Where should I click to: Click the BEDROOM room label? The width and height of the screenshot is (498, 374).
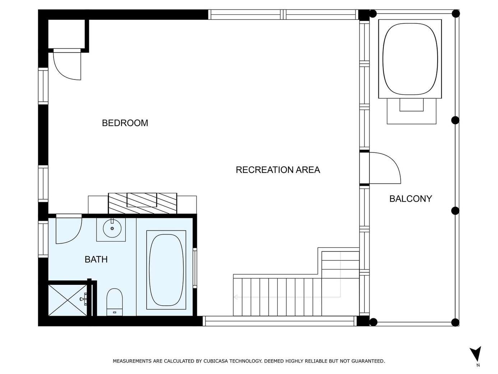pos(125,123)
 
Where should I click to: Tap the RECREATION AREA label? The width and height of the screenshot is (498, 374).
pos(278,170)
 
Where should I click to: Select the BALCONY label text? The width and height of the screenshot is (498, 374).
pos(411,199)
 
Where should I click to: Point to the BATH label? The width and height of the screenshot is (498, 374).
pos(96,259)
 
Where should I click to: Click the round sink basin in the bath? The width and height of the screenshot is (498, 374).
pos(112,229)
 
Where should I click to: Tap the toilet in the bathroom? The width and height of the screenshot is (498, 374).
pos(115,302)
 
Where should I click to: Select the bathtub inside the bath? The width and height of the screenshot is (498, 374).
pos(166,270)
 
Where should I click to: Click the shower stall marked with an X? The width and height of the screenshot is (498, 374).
pos(68,300)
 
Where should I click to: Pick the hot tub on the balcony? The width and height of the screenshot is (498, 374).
pos(410,59)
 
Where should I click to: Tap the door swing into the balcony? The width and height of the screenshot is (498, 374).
pos(385,168)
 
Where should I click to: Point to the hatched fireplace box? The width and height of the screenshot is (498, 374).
pos(143,203)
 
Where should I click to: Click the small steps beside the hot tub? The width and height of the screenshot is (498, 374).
pos(411,111)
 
